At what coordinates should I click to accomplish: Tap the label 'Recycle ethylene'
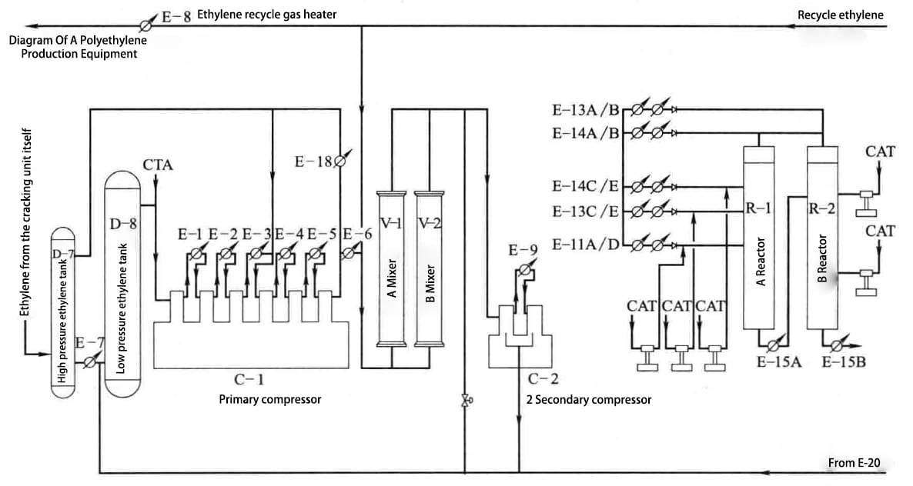pos(841,15)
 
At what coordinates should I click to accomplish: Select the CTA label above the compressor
pos(158,165)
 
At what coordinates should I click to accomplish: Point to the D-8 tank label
pos(123,225)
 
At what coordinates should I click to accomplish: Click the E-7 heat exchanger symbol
pos(91,360)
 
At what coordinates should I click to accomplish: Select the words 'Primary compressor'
pos(269,399)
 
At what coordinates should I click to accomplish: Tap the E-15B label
pos(844,362)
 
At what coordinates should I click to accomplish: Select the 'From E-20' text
pos(854,462)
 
